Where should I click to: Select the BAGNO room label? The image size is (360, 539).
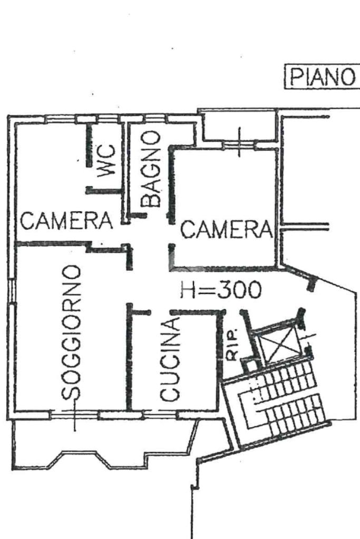(x=151, y=169)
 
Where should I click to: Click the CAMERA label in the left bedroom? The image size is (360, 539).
(x=66, y=220)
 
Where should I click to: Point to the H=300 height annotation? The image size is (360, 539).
(x=220, y=290)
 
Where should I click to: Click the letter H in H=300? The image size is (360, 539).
(x=188, y=290)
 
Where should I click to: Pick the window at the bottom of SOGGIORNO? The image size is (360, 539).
(x=74, y=415)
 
